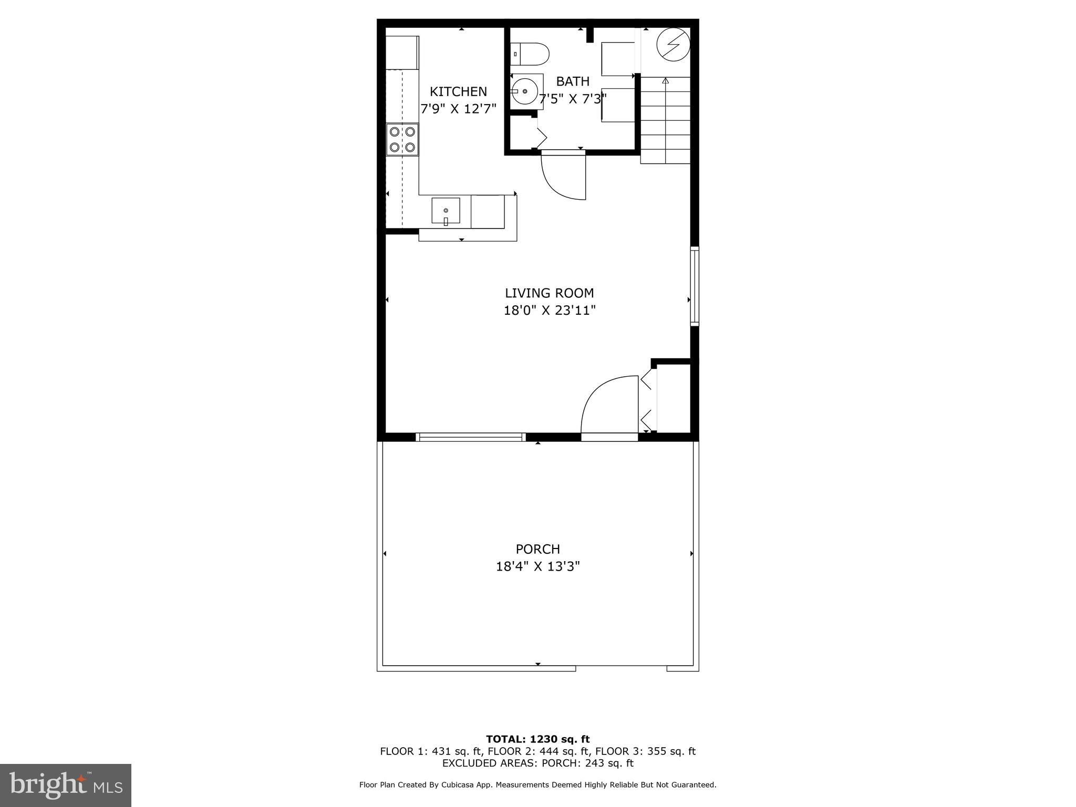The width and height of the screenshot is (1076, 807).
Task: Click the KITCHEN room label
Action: [x=458, y=92]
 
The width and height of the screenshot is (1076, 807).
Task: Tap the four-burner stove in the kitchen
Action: [x=402, y=139]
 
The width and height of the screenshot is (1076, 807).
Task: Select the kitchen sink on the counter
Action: [x=446, y=211]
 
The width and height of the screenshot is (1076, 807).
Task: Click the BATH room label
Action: [x=573, y=82]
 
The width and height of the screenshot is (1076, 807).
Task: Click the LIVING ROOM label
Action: [x=549, y=293]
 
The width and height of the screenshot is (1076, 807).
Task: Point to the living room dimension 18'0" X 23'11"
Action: [x=550, y=311]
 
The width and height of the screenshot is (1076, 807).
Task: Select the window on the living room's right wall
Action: [x=695, y=286]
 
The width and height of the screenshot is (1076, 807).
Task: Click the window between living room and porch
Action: [x=471, y=437]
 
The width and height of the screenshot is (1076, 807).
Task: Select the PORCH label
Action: [x=537, y=549]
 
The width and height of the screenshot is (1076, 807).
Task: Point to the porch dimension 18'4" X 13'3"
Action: [x=537, y=566]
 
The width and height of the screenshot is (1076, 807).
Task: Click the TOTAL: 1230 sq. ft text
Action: [x=537, y=739]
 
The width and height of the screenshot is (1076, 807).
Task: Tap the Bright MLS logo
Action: [x=66, y=785]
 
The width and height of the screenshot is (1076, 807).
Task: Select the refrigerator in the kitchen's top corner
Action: [x=402, y=53]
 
